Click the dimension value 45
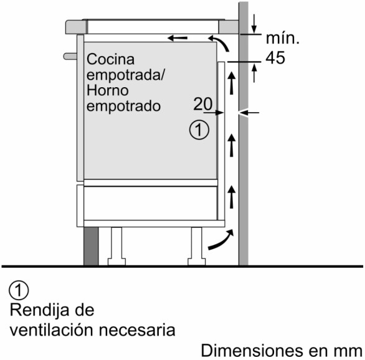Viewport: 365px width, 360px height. coord(275,58)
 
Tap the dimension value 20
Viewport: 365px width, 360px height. coord(203,104)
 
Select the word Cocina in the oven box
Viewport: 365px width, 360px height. coord(111,59)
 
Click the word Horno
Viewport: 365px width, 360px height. coord(108,90)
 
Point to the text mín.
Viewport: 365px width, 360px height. coord(282,38)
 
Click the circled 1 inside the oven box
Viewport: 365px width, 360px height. coord(199,130)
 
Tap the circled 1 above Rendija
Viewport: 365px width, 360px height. coord(19,291)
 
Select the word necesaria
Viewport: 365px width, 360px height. coord(137,330)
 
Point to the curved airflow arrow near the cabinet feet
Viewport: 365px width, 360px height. coord(220,240)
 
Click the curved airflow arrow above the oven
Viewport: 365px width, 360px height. coord(219,42)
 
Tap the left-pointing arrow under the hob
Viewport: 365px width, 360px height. coord(178,38)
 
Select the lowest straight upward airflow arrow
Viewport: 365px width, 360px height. coord(231,197)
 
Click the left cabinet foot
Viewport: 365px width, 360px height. coord(116,246)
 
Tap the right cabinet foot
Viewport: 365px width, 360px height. coord(197,246)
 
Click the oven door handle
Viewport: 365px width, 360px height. coord(70,56)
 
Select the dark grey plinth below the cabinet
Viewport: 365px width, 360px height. coord(91,246)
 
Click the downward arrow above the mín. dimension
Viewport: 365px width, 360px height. coord(254,24)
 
